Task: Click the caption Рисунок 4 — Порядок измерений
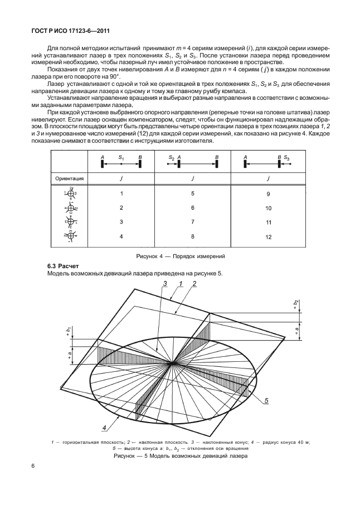180,255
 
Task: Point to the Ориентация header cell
70,179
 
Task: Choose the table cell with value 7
192,222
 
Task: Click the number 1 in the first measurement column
120,193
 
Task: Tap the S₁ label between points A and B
121,158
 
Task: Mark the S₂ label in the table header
171,158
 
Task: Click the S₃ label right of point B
286,158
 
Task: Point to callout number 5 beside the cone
267,400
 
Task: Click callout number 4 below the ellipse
104,428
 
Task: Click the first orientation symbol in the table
71,194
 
